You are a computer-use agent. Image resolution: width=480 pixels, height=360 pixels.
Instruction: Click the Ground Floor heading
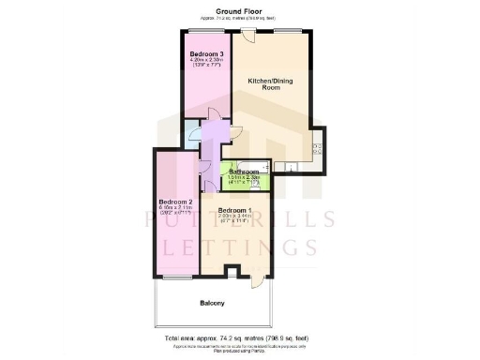pyautogui.click(x=240, y=10)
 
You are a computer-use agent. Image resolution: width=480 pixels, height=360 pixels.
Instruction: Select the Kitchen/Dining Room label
pyautogui.click(x=270, y=84)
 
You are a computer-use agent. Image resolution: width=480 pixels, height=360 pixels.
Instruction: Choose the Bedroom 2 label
pyautogui.click(x=175, y=202)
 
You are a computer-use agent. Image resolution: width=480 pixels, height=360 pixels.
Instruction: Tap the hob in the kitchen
pyautogui.click(x=317, y=147)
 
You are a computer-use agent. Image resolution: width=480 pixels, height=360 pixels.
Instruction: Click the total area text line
pyautogui.click(x=240, y=336)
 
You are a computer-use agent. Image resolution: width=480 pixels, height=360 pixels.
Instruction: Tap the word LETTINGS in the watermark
pyautogui.click(x=240, y=247)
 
